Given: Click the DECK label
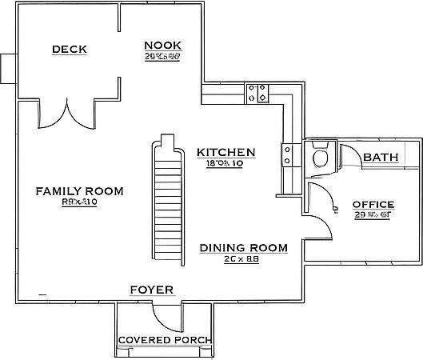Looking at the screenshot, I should coord(69,50).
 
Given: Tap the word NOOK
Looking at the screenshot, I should coord(162,45).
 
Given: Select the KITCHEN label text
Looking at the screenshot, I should coord(225,152).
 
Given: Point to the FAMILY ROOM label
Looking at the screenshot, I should coord(79,190).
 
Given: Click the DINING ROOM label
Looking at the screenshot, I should coord(243,248).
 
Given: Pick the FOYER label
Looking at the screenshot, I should coord(152,289).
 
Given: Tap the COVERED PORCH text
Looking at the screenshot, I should coord(165,341).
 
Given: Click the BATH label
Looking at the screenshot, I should coord(381,157).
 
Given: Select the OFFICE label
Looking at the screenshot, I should coord(373,204).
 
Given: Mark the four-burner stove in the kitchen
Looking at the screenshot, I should coord(258,94).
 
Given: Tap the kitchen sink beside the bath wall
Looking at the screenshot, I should coord(288,154).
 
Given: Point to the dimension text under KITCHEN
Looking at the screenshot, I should coord(225,163).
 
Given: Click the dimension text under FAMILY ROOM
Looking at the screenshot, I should coord(78,202).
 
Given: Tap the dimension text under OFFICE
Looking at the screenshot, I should coord(373,215).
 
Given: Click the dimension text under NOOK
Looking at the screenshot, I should coord(162,57).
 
